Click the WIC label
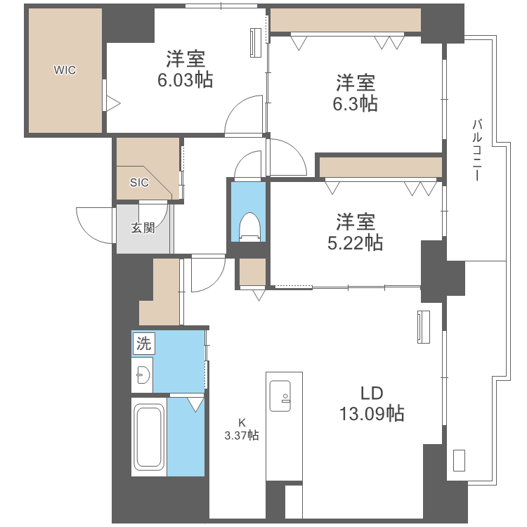click(65, 70)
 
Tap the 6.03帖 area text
click(186, 80)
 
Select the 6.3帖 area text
click(355, 104)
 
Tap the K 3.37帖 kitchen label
click(241, 429)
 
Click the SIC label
click(139, 182)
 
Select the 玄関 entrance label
click(143, 228)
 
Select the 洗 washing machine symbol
click(143, 344)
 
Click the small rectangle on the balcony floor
click(460, 460)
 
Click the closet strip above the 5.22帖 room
click(380, 167)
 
